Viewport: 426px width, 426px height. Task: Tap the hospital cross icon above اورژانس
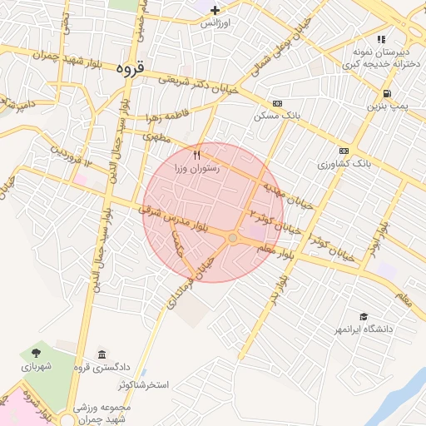(x=215, y=10)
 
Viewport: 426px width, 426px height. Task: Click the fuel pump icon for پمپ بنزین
(x=387, y=93)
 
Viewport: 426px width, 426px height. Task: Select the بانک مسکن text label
(x=275, y=117)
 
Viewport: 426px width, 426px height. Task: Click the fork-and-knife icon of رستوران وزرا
(x=196, y=155)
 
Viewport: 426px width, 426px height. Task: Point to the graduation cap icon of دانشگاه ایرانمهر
(x=364, y=316)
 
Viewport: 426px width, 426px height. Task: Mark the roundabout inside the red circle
(x=233, y=239)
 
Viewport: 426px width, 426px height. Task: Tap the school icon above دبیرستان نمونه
(x=381, y=38)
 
